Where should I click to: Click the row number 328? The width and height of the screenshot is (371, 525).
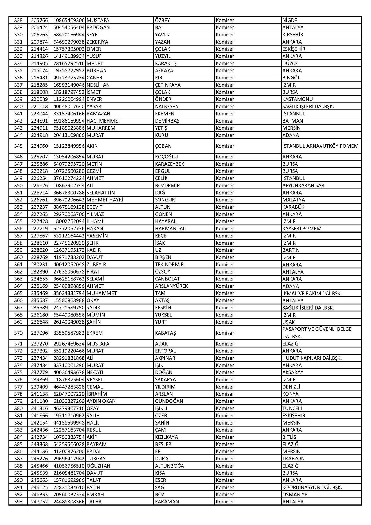pyautogui.click(x=18, y=20)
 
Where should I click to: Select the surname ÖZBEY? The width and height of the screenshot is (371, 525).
pyautogui.click(x=162, y=20)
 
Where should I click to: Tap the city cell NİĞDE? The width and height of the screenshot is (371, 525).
pyautogui.click(x=290, y=20)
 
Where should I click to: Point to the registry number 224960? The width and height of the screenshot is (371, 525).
pyautogui.click(x=39, y=146)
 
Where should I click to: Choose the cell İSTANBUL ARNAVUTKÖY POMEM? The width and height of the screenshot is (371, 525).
pyautogui.click(x=320, y=146)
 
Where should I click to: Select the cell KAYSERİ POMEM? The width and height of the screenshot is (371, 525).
pyautogui.click(x=302, y=229)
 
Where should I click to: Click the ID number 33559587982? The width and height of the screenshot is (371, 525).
pyautogui.click(x=69, y=333)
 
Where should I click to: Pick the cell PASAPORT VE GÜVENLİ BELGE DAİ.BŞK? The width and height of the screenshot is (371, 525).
pyautogui.click(x=317, y=333)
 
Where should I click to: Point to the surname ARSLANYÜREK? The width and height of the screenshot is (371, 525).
pyautogui.click(x=171, y=286)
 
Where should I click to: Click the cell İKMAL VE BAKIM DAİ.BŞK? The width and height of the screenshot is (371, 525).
pyautogui.click(x=312, y=293)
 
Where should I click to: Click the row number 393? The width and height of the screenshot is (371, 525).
pyautogui.click(x=18, y=502)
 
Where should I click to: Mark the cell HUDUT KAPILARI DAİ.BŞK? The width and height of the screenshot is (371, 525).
pyautogui.click(x=312, y=358)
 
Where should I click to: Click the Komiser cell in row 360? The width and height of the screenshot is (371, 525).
pyautogui.click(x=225, y=257)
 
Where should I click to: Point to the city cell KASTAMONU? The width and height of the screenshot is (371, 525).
pyautogui.click(x=297, y=99)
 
